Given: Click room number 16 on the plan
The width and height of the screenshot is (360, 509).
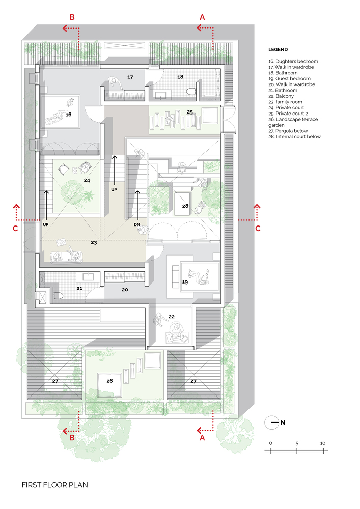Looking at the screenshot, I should click(68, 115).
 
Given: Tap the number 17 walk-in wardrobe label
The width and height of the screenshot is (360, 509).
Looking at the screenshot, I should click(130, 77).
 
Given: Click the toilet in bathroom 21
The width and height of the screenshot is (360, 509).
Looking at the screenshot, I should click(58, 295).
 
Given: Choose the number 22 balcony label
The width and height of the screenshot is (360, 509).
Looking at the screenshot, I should click(172, 317).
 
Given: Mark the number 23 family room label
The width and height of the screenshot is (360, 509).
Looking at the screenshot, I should click(94, 243).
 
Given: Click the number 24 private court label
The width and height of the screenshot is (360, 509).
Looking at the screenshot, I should click(87, 180).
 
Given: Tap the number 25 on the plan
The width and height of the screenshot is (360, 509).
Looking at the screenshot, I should click(189, 111).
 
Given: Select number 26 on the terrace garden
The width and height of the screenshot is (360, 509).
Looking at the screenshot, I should click(109, 380).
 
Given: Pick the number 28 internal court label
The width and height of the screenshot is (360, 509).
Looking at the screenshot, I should click(185, 206).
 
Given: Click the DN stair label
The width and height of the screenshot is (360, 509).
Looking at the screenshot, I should click(137, 224).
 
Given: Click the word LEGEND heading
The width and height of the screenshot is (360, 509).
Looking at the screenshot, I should click(278, 50).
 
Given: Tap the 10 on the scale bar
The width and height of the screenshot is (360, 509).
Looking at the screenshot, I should click(323, 443).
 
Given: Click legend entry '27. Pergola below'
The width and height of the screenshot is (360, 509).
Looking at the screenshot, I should click(290, 131).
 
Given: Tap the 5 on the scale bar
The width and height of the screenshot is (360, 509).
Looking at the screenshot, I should click(297, 443).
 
